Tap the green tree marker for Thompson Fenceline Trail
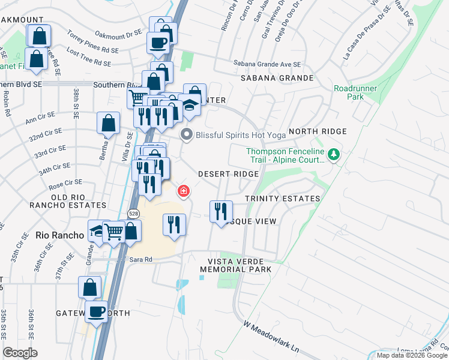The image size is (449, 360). [x=333, y=156]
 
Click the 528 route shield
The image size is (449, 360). [x=134, y=213]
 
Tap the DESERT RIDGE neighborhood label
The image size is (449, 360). [x=229, y=174]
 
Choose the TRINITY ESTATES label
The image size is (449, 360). [x=282, y=199]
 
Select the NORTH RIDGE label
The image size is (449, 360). [x=318, y=131]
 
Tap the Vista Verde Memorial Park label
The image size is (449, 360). [x=240, y=265]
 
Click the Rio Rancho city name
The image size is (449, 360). [x=59, y=235]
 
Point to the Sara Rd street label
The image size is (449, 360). [x=142, y=259]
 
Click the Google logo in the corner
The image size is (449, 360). [x=20, y=352]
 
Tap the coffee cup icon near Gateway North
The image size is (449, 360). [x=96, y=311]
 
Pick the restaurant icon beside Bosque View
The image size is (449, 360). [x=221, y=211]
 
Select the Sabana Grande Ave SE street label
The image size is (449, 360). [x=267, y=64]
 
